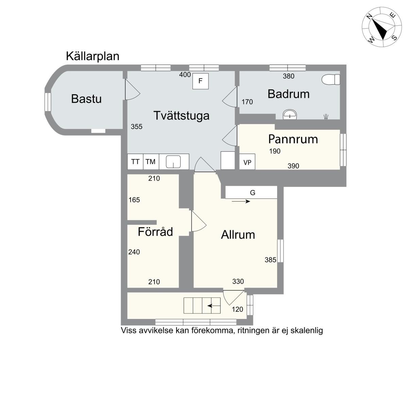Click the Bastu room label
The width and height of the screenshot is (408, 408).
[x=86, y=99]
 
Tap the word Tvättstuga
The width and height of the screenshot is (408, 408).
[x=182, y=116]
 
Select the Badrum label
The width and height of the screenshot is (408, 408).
[x=288, y=94]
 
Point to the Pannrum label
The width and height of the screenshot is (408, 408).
[x=293, y=139]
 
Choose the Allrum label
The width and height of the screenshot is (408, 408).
[x=238, y=235]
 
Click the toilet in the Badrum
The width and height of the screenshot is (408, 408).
[x=330, y=80]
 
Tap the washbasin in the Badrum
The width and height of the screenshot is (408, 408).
[x=290, y=115]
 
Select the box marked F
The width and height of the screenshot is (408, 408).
[x=200, y=81]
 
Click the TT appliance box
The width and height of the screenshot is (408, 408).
[x=135, y=162]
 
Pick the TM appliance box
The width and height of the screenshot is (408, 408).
[x=151, y=162]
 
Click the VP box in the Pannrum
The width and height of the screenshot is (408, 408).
[x=247, y=162]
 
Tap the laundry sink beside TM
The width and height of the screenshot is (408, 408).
[x=173, y=162]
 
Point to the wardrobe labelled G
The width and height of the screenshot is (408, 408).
[x=251, y=192]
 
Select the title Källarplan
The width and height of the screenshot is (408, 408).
[x=92, y=56]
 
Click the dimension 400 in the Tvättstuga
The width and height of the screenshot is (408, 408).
[x=185, y=75]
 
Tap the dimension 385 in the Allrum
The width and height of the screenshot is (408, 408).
[x=270, y=260]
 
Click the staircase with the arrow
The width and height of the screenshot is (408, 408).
[x=202, y=306]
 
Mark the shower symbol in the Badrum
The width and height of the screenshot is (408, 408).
[x=326, y=117]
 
